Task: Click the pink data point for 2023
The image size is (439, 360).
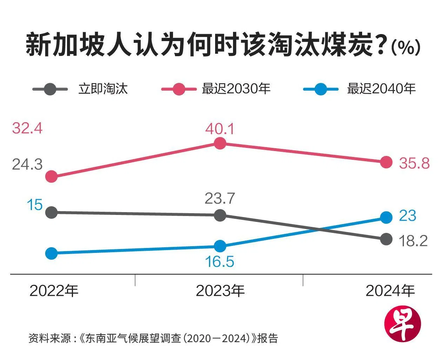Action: (220, 143)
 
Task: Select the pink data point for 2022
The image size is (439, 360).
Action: (52, 176)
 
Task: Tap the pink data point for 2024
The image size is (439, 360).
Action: (386, 162)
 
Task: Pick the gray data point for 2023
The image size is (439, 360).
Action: (220, 215)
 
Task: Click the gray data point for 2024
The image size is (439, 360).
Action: (386, 239)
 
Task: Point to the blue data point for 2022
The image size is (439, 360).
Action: (52, 253)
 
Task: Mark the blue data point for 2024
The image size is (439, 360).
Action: (386, 217)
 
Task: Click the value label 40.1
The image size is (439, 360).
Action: (220, 129)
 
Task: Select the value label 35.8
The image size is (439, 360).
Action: (414, 163)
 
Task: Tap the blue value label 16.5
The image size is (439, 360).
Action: (220, 262)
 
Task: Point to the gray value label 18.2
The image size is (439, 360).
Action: (413, 241)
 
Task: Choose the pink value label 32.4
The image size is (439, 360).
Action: (27, 128)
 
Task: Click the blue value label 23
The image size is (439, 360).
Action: (407, 216)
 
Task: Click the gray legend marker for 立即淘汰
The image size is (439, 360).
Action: (50, 89)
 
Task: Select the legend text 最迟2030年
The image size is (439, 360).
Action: (236, 89)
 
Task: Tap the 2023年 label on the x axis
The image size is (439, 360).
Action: (220, 291)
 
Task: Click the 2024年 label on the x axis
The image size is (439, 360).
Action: (390, 291)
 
